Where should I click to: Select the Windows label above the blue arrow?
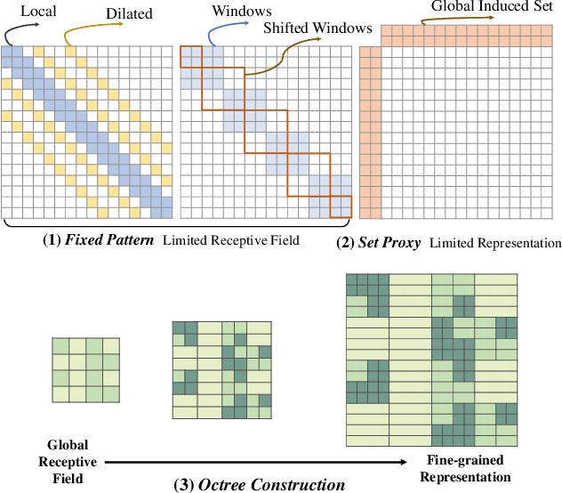(x=242, y=12)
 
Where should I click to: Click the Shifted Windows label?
(x=317, y=28)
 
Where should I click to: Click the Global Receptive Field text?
(x=62, y=462)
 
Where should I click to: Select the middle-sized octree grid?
(x=221, y=369)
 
